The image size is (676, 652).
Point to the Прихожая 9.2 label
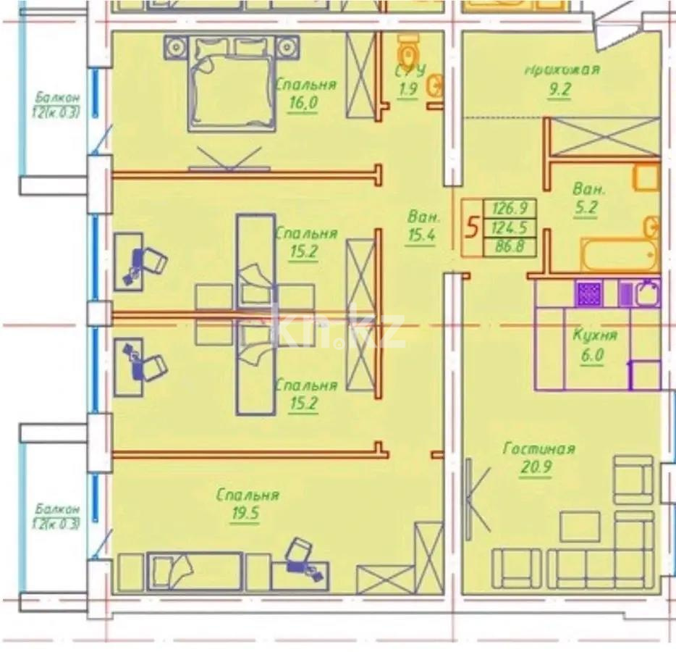point(562,78)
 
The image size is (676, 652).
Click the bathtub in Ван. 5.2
point(619,254)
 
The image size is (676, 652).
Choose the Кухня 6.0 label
point(594,344)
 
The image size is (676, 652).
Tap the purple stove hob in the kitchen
point(588,293)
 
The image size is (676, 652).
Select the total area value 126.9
point(509,208)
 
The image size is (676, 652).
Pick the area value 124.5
point(509,228)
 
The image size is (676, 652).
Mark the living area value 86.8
point(509,248)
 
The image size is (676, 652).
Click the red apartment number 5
point(471,228)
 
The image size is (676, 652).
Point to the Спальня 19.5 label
point(248,503)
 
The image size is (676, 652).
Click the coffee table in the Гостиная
point(580,526)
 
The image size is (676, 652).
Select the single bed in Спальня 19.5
point(194,570)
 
